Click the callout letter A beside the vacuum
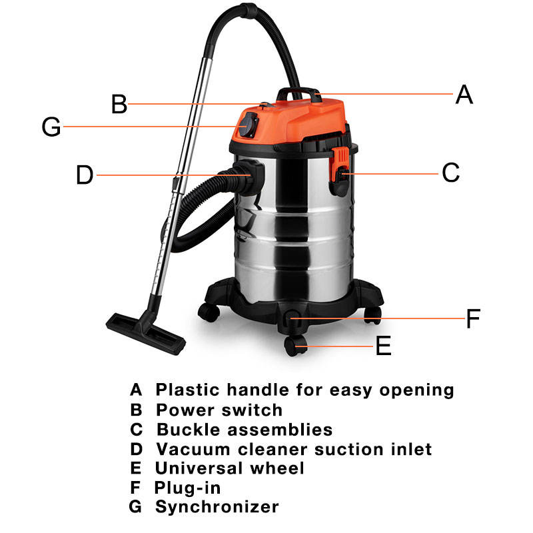(x=464, y=95)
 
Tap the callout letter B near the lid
(x=119, y=105)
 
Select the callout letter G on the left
(x=51, y=127)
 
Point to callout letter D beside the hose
(x=85, y=175)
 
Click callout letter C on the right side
(x=451, y=173)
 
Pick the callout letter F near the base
(x=472, y=319)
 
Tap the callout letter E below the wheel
(x=383, y=346)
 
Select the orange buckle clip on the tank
(x=340, y=163)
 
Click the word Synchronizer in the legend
(x=217, y=507)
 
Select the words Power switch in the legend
(x=219, y=410)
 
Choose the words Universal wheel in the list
(x=230, y=468)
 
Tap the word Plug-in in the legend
(x=187, y=488)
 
